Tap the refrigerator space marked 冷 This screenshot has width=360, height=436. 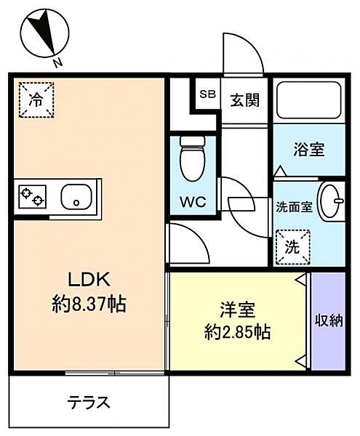point(36,100)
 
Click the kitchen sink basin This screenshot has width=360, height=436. point(76,197)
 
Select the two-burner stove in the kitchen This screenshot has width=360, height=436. point(32,197)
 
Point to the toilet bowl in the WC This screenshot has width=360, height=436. point(193,158)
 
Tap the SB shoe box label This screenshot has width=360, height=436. point(208,94)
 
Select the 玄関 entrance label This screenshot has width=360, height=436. point(245,100)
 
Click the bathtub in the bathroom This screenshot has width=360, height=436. point(309,100)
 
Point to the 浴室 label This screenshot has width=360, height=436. point(309,149)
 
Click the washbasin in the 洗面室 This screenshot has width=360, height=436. point(330,201)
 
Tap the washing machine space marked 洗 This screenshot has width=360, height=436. point(292,247)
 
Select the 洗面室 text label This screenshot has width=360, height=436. point(294,207)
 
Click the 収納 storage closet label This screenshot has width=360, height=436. point(329,321)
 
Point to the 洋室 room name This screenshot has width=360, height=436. point(238,310)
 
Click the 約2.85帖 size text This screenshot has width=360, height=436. point(238,332)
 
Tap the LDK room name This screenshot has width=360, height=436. point(89,280)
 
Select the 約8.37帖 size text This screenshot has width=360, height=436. point(89,304)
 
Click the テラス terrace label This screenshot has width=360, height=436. point(89,402)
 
